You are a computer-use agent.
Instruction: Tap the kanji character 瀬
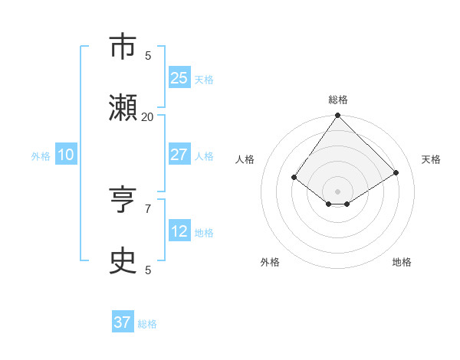tap(123, 108)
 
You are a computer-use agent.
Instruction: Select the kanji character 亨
tap(123, 200)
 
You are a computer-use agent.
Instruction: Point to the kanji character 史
tap(123, 261)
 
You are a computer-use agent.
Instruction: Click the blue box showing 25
tap(179, 78)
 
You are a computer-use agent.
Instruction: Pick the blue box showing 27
tap(179, 155)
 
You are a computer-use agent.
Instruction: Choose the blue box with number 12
tap(179, 231)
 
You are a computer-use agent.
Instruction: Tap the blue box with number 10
tap(65, 155)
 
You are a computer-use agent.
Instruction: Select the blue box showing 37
tap(122, 322)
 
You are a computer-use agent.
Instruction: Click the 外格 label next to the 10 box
tap(41, 156)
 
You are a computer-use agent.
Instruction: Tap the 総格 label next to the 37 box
tap(147, 324)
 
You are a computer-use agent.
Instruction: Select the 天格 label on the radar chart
tap(431, 159)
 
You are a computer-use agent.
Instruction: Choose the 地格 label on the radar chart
tap(402, 262)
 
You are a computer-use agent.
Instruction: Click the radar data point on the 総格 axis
tap(337, 116)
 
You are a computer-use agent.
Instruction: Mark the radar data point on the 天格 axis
tap(396, 172)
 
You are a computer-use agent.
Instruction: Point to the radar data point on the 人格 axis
tap(294, 177)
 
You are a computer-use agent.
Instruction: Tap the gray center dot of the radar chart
tap(337, 191)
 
